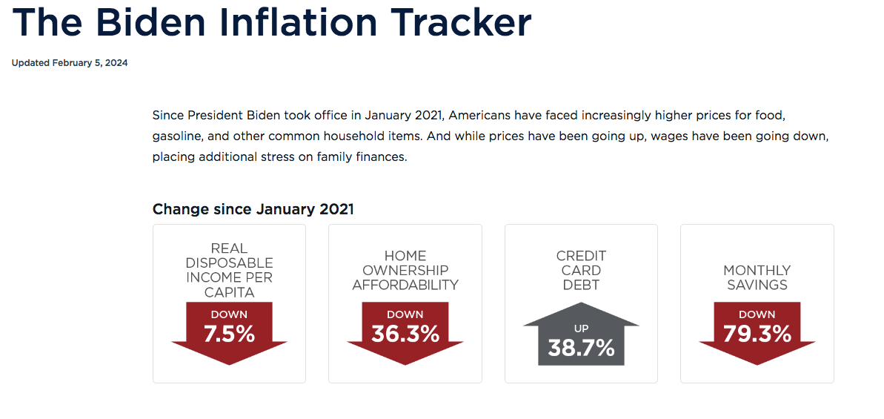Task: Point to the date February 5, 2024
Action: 90,63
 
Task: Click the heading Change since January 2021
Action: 253,209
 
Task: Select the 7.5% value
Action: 230,334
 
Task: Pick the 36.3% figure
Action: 405,334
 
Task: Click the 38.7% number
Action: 581,348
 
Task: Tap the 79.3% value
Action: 757,334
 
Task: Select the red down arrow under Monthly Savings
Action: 757,334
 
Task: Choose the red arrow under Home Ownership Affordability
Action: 405,334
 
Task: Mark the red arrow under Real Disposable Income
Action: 230,334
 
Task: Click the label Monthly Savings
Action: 757,277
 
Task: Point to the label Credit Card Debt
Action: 581,270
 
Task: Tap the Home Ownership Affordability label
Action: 405,270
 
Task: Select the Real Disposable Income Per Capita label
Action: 230,270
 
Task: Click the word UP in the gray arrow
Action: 581,329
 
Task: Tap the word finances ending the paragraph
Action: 383,157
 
